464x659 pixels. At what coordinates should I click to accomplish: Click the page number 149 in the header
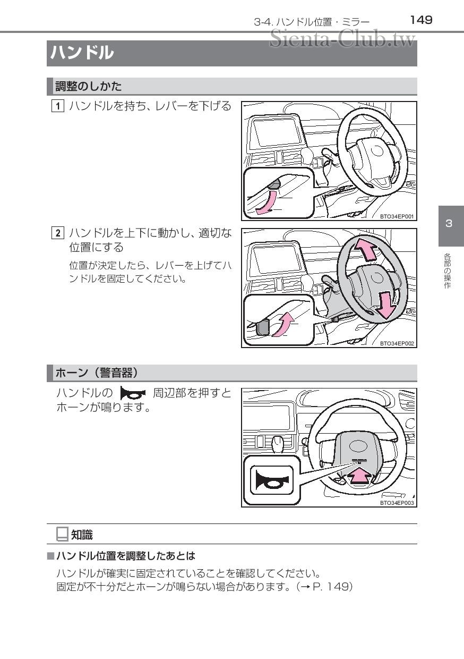421,20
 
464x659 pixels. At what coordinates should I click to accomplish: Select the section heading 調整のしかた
89,86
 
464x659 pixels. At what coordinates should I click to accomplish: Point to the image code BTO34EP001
397,216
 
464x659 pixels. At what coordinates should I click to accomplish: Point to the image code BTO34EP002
397,343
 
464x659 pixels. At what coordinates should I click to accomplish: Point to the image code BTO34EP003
397,502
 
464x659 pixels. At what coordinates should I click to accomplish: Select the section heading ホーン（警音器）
97,373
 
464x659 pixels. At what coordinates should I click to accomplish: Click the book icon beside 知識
62,534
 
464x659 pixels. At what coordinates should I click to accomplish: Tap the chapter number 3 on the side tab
449,223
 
